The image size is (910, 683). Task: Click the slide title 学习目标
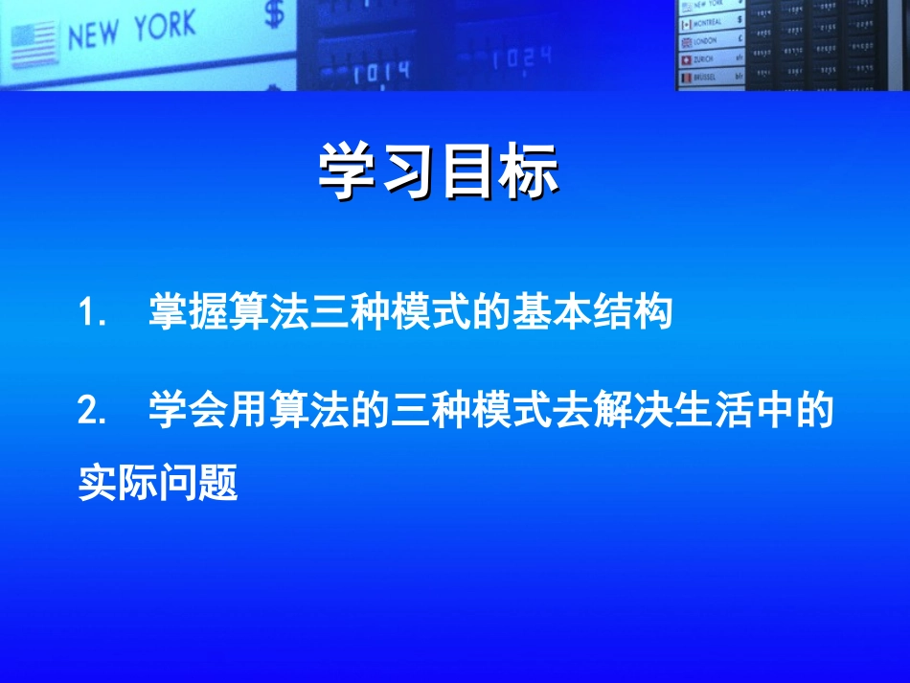tap(438, 172)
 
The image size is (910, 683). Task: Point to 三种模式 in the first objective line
tap(391, 314)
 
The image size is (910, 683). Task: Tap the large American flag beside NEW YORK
tap(34, 46)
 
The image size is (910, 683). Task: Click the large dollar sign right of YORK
tap(275, 14)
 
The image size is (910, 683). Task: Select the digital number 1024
tap(521, 59)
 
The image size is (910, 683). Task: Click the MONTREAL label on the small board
tap(708, 22)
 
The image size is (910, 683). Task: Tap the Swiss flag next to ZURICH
tap(686, 59)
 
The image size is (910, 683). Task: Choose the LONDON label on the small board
tap(706, 41)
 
